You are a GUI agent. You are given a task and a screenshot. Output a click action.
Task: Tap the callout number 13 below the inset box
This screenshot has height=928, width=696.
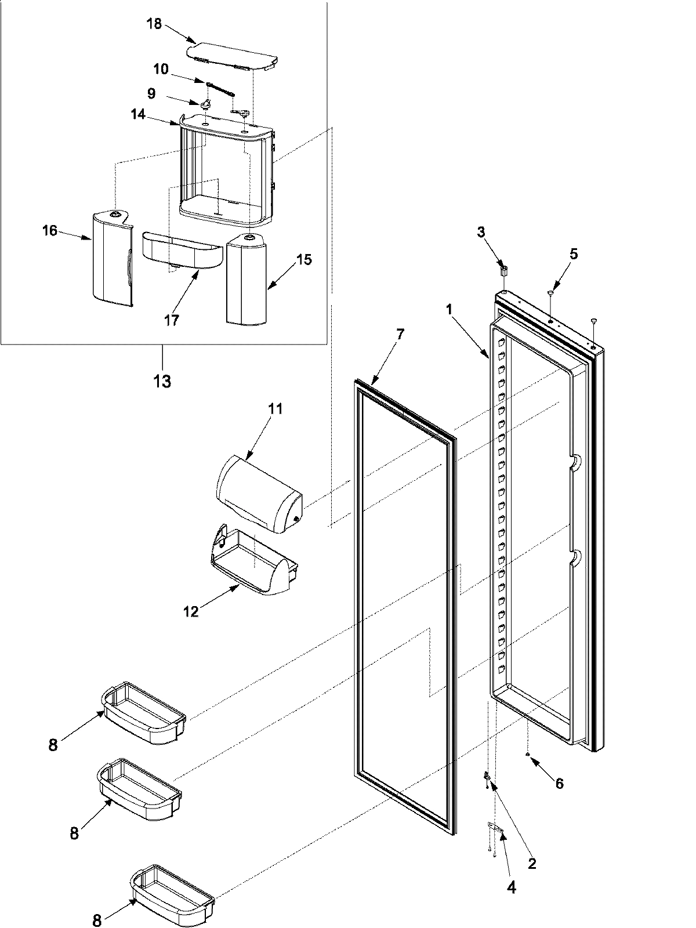[x=162, y=381]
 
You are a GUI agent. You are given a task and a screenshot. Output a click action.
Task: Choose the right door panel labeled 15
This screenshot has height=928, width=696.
[x=246, y=278]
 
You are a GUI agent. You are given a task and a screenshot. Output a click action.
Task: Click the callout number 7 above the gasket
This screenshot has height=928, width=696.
[x=400, y=333]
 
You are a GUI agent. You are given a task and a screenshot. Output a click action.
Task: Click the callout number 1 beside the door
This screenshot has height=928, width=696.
[x=449, y=310]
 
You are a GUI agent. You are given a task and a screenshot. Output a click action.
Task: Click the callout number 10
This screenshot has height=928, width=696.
[x=161, y=70]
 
